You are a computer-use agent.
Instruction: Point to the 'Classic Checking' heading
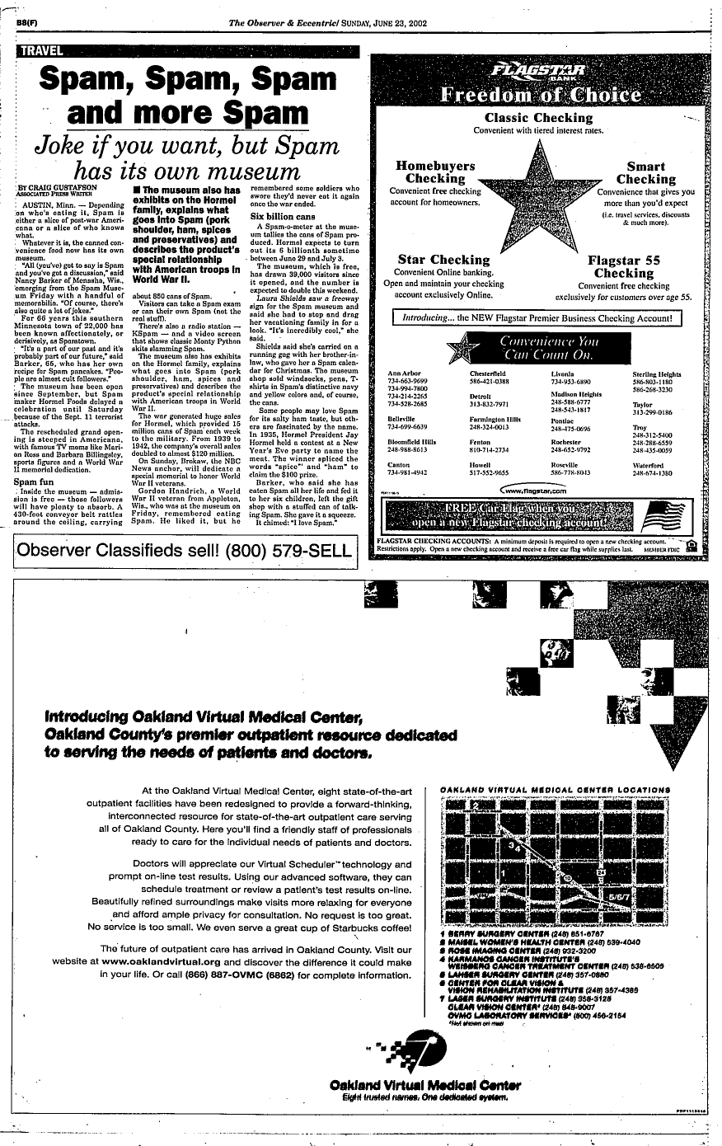539,118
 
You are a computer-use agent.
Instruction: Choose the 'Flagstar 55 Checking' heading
623,266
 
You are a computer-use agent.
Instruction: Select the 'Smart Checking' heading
645,172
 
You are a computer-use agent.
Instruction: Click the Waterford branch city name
650,465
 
